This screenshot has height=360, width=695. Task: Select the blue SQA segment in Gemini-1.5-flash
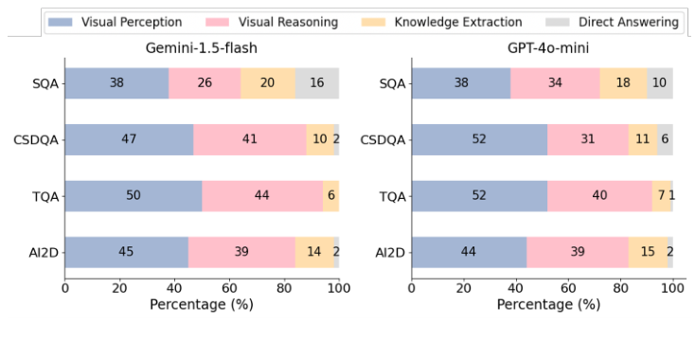click(116, 82)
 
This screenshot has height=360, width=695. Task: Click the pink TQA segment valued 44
click(262, 195)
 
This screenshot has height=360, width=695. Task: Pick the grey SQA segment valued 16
click(317, 82)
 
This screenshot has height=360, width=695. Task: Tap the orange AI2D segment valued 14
click(313, 251)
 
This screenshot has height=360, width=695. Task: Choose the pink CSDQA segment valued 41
click(250, 139)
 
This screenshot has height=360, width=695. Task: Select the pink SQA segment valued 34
click(555, 82)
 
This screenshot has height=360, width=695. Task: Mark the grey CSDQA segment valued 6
click(665, 139)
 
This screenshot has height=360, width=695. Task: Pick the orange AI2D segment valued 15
click(647, 251)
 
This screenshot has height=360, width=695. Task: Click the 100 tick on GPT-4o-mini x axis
click(672, 287)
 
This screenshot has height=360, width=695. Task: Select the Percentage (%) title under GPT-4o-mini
click(547, 305)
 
